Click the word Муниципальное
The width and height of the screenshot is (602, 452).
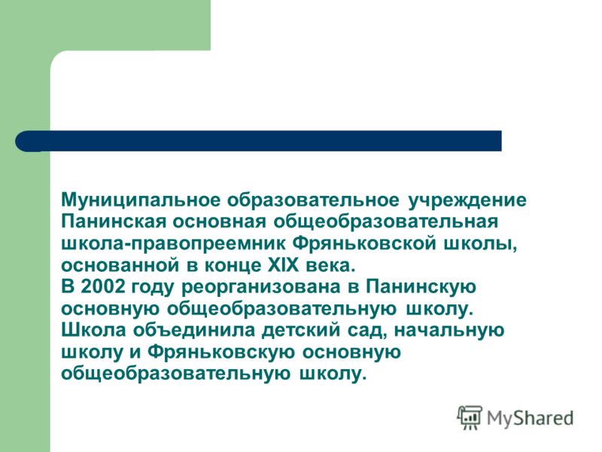point(141,200)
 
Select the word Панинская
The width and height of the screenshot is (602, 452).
point(114,221)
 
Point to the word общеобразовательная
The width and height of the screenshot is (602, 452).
point(386,222)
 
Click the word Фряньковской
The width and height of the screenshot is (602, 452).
point(364,244)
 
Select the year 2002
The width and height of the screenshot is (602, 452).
point(103,287)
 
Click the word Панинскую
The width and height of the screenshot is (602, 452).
point(421,288)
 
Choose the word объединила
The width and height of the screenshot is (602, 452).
point(194,331)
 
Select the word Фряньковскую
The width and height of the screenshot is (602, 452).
point(221,353)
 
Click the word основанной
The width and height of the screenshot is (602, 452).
point(120,266)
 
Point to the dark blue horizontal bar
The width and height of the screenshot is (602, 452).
point(258,141)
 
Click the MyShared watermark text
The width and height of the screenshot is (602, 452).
point(530,418)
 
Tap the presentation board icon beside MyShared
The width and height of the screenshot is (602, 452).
point(469,417)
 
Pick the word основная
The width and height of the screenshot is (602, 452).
point(220,222)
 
